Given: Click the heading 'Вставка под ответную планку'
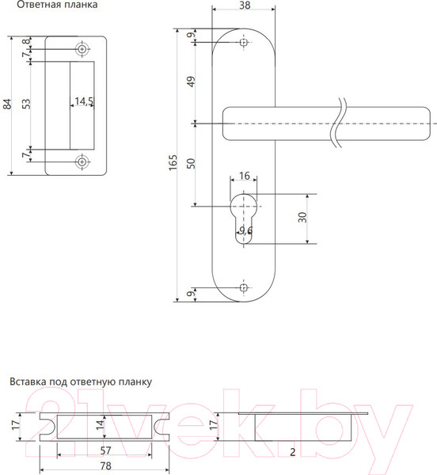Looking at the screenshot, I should point(80,381).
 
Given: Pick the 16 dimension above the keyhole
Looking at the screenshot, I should point(244,176).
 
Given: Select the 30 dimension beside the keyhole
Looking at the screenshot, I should point(302,218).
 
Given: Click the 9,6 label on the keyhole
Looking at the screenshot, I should point(245,230).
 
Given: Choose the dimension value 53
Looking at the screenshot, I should point(26,104).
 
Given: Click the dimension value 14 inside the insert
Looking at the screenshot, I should point(100,424).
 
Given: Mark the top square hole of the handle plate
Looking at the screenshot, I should point(243,43).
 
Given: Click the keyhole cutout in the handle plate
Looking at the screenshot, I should point(244,214).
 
